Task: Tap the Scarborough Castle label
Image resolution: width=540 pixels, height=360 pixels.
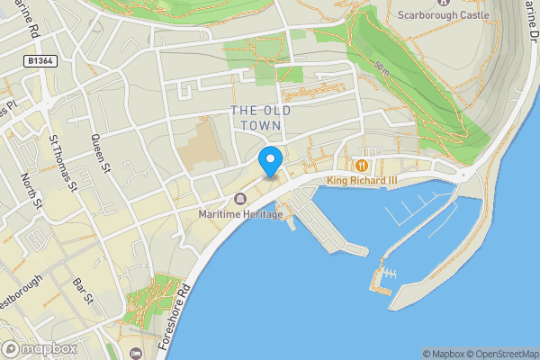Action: tap(445, 15)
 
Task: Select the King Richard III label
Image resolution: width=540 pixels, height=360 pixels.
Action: tap(361, 180)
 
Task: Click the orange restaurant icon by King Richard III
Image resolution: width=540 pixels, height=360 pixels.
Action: tap(361, 166)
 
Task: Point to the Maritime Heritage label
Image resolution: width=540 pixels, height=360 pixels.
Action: tap(240, 214)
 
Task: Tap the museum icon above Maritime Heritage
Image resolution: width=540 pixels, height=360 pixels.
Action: tap(239, 199)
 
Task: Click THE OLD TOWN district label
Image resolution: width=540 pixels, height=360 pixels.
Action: tap(262, 118)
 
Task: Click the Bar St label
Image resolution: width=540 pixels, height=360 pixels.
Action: tap(84, 292)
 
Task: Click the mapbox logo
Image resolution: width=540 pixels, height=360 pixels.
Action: tap(40, 348)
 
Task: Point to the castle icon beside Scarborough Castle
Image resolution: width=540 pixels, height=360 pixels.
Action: tap(389, 4)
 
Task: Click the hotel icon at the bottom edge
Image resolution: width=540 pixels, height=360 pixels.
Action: tap(135, 354)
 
